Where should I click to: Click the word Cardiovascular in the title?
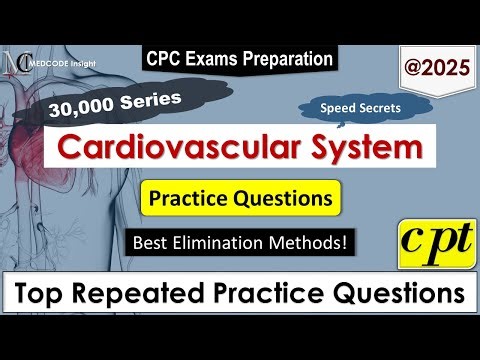click(159, 149)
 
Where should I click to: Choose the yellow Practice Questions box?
click(240, 198)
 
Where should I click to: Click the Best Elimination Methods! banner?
click(239, 241)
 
